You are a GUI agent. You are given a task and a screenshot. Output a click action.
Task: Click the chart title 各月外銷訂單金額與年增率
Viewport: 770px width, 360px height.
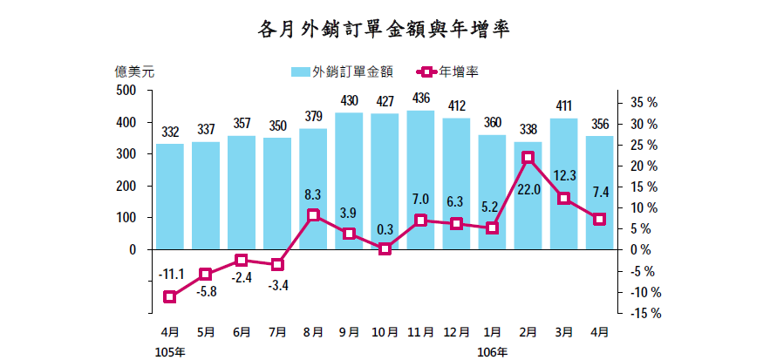click(384, 30)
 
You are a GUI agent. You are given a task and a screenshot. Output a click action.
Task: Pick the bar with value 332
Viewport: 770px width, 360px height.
click(170, 196)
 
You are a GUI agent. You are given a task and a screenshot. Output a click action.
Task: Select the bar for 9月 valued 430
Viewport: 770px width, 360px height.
click(349, 180)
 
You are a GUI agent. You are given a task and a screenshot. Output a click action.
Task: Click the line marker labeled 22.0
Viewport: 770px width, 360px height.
click(528, 158)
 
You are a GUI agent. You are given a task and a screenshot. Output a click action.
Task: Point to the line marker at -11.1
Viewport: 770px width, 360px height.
click(170, 296)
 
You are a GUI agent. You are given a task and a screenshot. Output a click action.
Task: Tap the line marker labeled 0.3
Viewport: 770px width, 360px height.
click(385, 248)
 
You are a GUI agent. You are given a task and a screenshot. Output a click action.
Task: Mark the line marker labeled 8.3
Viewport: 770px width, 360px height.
click(313, 215)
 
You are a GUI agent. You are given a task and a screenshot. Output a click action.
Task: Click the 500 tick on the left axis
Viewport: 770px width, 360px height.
click(126, 91)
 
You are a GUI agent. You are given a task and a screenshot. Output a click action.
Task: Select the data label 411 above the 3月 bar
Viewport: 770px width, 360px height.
click(564, 107)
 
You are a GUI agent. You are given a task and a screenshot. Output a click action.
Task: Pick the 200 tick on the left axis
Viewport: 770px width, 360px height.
click(126, 186)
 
